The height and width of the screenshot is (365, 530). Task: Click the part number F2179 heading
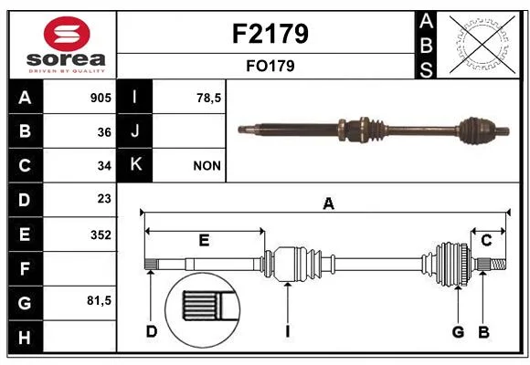coord(270,34)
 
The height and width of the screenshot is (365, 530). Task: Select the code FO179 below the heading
coord(270,66)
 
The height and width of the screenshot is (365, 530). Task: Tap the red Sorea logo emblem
coord(67,34)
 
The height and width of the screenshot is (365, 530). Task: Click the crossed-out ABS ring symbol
coord(482,45)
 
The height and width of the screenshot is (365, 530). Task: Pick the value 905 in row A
coord(101,98)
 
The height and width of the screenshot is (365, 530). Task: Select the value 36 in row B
coord(104,132)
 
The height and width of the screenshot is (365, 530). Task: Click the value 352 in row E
coord(101,235)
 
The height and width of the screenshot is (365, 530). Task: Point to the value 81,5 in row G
coord(99,300)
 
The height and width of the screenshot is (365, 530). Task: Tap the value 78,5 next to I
coord(208,98)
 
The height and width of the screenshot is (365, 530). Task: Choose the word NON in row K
coord(207,166)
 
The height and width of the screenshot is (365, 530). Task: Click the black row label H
coord(26,337)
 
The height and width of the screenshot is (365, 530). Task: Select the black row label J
coord(134,130)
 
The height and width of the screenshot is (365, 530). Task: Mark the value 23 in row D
coord(104,199)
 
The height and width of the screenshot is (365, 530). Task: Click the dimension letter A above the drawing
coord(328,203)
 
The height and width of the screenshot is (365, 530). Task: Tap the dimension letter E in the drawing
coord(204,240)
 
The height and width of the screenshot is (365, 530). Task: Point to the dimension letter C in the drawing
coord(486,240)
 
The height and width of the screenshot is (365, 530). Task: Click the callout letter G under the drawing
coord(458,331)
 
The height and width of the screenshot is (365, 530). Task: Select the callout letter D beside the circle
coord(151,331)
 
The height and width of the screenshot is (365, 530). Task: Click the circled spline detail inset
coord(202,310)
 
